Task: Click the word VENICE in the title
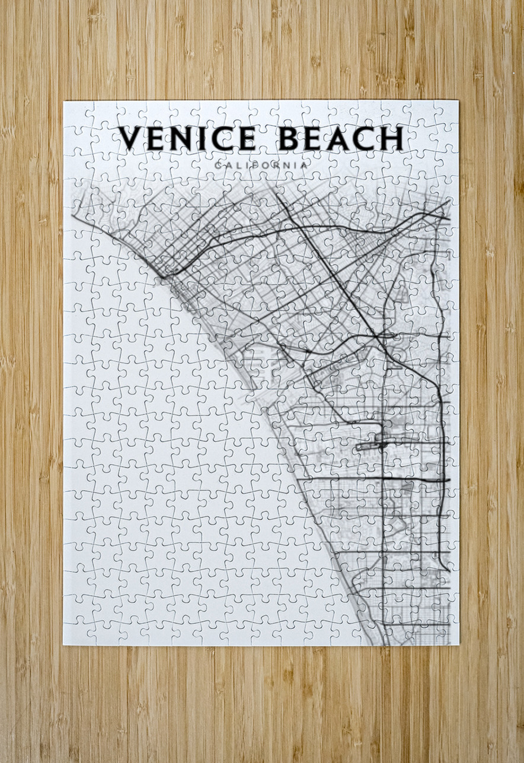click(x=187, y=139)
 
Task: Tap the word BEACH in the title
click(x=341, y=139)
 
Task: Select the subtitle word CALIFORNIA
click(x=261, y=165)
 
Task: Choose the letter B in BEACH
click(x=289, y=139)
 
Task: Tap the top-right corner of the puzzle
click(x=458, y=101)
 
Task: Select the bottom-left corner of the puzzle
click(x=63, y=646)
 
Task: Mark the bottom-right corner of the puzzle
click(x=459, y=646)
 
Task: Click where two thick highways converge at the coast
click(x=163, y=275)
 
